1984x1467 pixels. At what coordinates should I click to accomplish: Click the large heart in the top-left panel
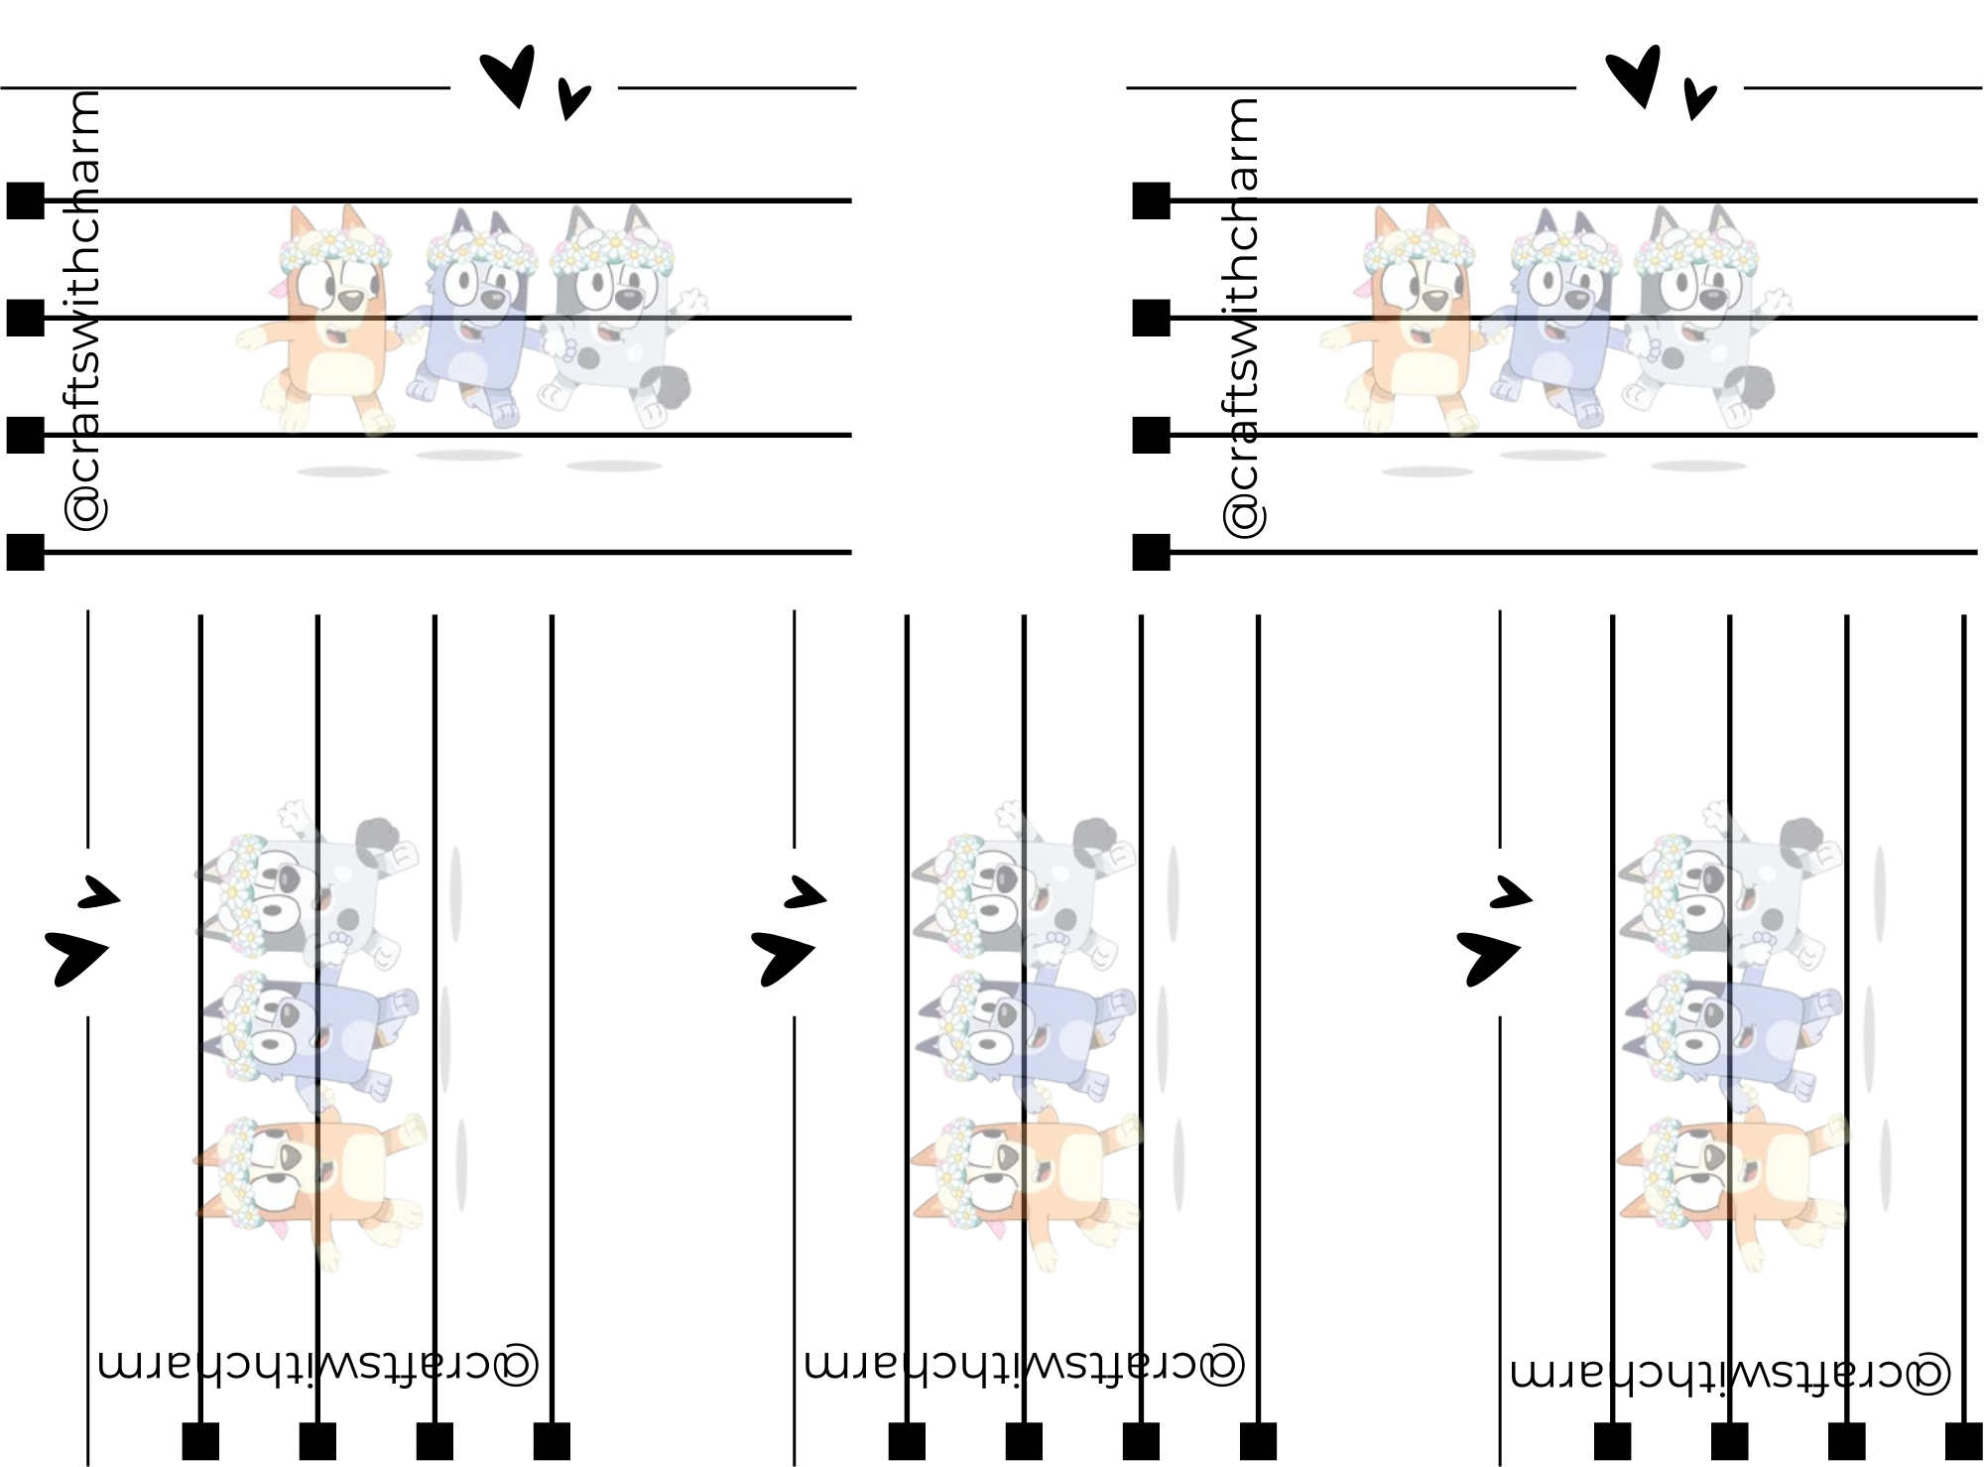510,77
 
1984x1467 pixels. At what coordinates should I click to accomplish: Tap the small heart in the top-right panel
1700,98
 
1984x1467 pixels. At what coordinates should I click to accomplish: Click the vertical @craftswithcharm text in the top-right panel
1241,318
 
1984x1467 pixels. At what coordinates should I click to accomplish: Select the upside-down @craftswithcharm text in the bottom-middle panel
1025,1365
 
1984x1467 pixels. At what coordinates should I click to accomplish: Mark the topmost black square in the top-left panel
26,200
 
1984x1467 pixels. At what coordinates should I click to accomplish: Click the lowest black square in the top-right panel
1151,552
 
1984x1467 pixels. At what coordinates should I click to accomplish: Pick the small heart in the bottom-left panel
98,891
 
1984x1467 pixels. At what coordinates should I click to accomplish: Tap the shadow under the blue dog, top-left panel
468,456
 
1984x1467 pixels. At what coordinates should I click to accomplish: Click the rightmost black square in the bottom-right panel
1964,1441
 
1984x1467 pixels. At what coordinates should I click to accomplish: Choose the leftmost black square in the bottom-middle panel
907,1441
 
